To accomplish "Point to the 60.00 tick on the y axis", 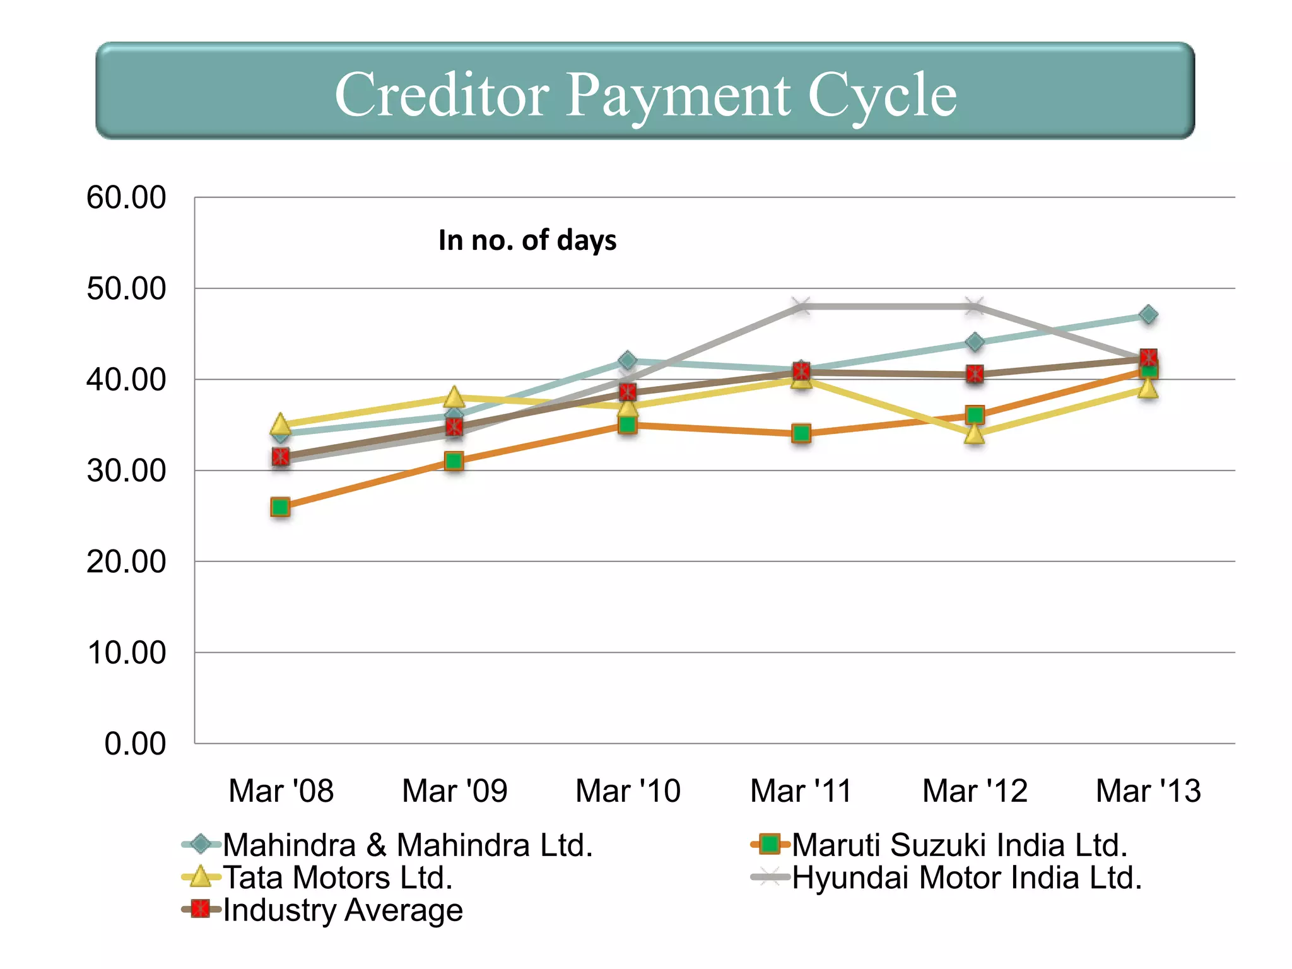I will click(126, 197).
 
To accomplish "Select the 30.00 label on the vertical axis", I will click(126, 471).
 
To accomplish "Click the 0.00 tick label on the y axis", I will click(135, 744).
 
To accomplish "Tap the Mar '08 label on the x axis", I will click(281, 791).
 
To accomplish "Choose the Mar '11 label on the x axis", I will click(801, 791).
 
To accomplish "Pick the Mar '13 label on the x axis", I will click(1148, 791).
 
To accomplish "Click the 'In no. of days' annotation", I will click(527, 240).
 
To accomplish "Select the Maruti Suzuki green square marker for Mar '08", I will click(280, 507).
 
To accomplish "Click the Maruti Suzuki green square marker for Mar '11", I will click(801, 433).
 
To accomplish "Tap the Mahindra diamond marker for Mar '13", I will click(1148, 314).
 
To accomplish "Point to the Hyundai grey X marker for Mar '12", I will click(975, 307).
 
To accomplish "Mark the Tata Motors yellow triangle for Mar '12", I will click(975, 434).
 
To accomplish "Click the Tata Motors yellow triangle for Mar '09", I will click(454, 397).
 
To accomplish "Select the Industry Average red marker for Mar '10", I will click(628, 392).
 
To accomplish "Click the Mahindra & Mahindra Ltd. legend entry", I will click(408, 845).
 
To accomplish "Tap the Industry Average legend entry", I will click(343, 910).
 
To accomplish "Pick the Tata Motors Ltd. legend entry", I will click(338, 878).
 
